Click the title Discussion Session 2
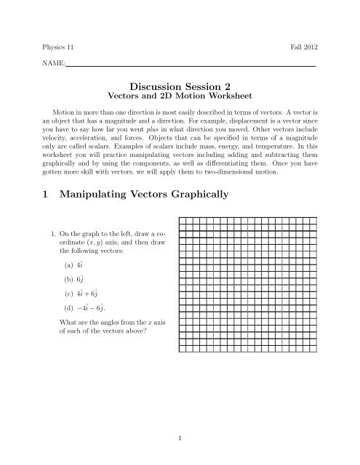[x=180, y=87]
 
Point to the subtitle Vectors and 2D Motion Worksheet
[x=180, y=99]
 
